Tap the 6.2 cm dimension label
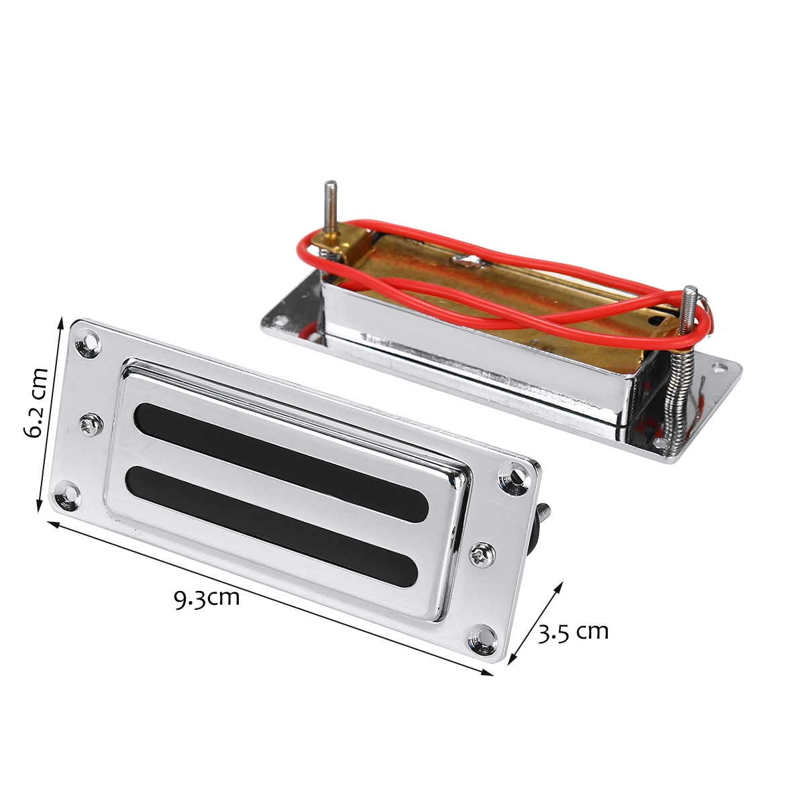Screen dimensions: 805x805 tap(36, 402)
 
